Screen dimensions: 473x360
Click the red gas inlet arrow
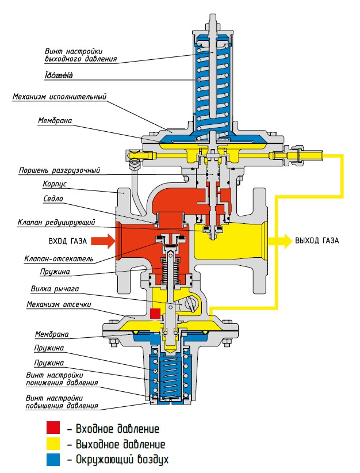(x=104, y=241)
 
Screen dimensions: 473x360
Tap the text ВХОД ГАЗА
(x=64, y=241)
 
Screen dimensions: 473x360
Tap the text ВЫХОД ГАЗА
(x=317, y=241)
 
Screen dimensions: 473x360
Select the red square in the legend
(x=53, y=429)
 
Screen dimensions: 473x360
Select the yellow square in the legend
(x=53, y=444)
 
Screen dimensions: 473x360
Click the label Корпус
(x=56, y=185)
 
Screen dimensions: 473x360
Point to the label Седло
(x=53, y=199)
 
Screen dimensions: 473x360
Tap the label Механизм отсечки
(x=60, y=304)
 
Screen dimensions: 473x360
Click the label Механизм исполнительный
(x=60, y=97)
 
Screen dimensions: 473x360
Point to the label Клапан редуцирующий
(x=60, y=222)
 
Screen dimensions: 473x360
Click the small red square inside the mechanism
(x=154, y=313)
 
